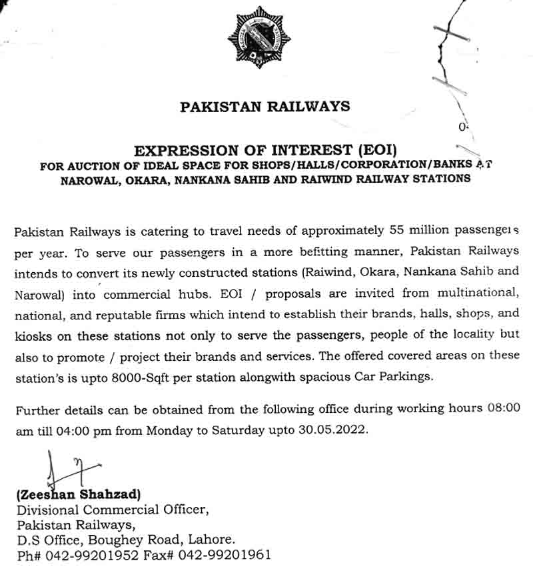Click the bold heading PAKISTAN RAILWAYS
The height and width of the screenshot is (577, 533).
265,106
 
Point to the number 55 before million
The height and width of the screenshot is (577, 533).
396,231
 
